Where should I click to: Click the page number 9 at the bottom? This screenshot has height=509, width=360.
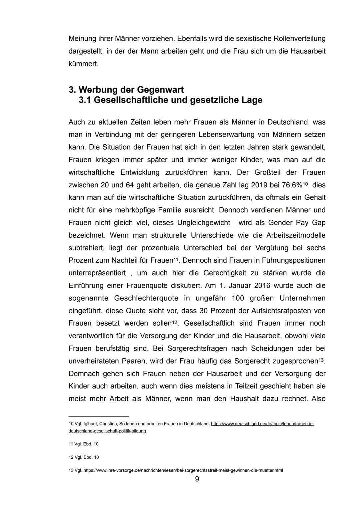coord(197,479)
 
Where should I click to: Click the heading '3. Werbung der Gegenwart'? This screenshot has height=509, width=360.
coord(126,90)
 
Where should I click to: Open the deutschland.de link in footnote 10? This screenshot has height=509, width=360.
coord(262,424)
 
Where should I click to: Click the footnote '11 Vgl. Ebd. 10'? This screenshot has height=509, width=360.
coord(83,444)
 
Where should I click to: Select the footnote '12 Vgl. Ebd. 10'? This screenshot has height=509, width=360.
coord(83,457)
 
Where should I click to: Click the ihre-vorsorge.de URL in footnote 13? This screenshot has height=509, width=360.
coord(183,470)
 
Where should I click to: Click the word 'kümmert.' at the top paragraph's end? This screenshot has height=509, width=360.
coord(83,64)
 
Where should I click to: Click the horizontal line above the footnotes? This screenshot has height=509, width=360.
coord(98,416)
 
